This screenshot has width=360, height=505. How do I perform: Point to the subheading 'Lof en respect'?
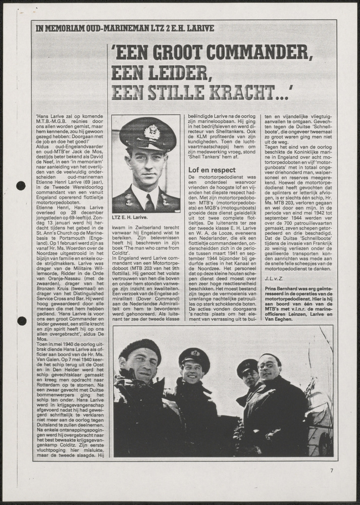click(212, 170)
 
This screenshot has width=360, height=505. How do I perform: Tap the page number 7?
click(332, 471)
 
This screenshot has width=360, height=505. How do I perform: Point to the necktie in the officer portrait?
click(149, 201)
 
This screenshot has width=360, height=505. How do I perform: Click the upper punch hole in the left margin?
click(21, 185)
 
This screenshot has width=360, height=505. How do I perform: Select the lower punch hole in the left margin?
click(21, 321)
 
